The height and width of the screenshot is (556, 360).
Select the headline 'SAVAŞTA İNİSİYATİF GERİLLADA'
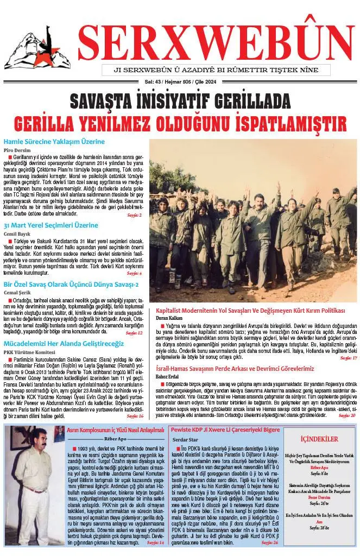click(180, 100)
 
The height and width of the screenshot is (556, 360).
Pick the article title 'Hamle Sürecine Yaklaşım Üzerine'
click(54, 142)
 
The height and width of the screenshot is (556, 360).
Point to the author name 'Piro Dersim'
click(16, 150)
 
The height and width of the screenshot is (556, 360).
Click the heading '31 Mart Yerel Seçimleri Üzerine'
click(51, 225)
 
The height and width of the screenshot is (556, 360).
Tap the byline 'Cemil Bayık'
click(16, 233)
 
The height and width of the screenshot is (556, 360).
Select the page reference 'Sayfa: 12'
click(134, 333)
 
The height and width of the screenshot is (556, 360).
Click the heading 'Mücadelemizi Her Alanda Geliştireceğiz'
click(64, 344)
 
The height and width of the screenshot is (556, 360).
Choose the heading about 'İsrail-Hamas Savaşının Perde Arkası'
click(235, 368)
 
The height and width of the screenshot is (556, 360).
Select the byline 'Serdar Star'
click(186, 439)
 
